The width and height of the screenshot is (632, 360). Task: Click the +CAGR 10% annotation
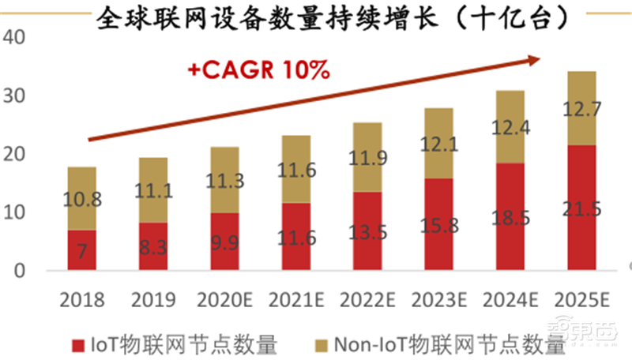[x=258, y=69]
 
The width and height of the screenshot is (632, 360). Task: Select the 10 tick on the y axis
[x=17, y=212]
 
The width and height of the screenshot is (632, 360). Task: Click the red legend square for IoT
[x=78, y=344]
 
